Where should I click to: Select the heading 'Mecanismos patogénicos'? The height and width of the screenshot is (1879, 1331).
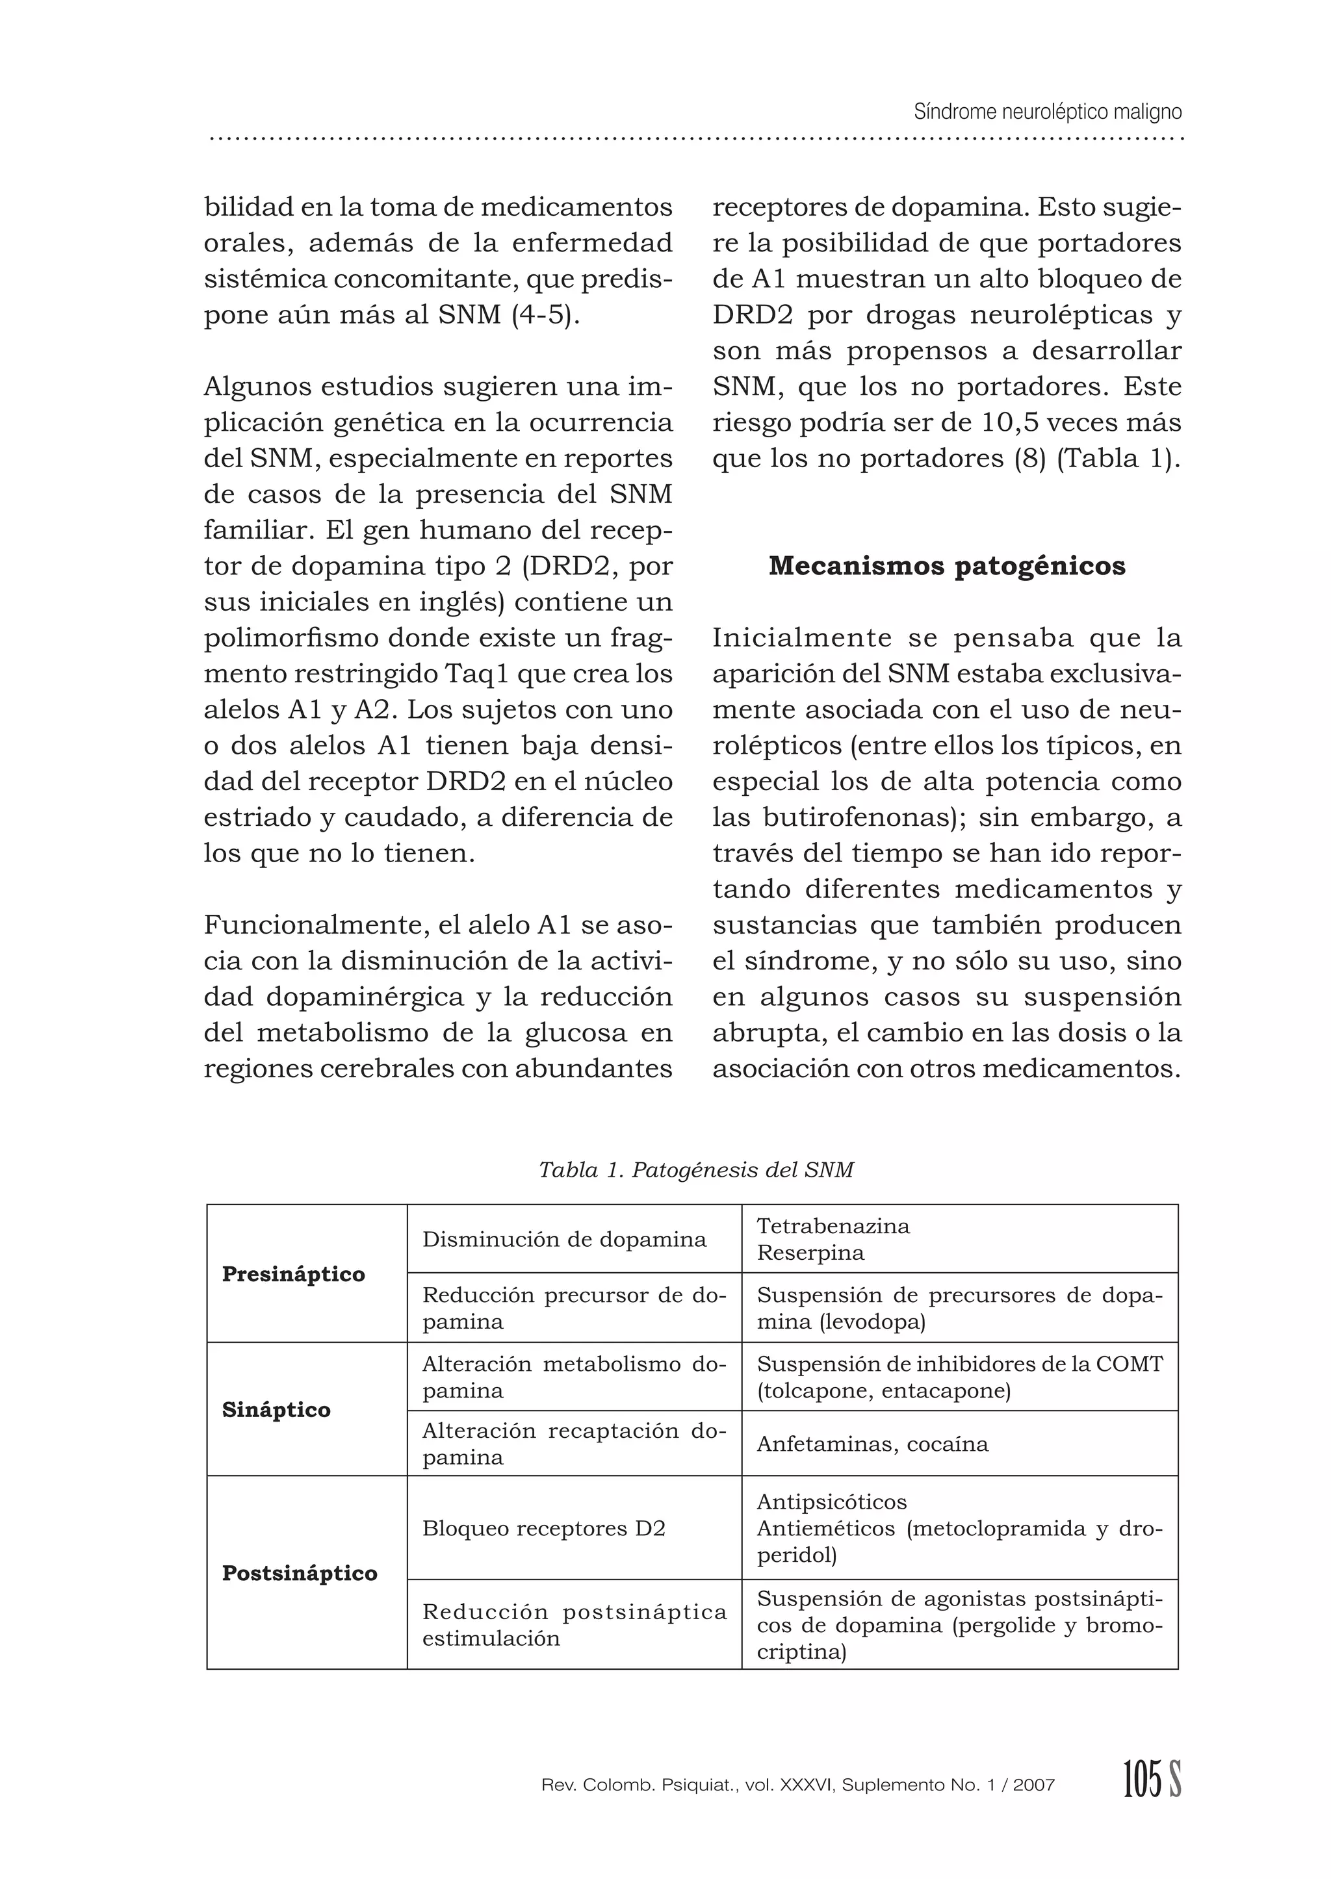pyautogui.click(x=947, y=567)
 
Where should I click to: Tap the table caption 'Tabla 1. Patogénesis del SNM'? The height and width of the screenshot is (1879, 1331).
pyautogui.click(x=696, y=1170)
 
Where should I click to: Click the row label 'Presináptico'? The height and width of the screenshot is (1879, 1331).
pyautogui.click(x=293, y=1273)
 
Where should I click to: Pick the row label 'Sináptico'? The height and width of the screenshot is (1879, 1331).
pyautogui.click(x=276, y=1409)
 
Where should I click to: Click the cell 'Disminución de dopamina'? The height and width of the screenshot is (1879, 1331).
pyautogui.click(x=564, y=1239)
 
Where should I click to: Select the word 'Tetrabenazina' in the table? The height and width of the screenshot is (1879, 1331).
pyautogui.click(x=833, y=1226)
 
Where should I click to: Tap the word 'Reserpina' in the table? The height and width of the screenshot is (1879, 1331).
pyautogui.click(x=810, y=1252)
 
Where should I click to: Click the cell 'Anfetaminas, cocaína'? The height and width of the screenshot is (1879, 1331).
pyautogui.click(x=872, y=1444)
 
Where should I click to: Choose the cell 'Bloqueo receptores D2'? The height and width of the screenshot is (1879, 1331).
pyautogui.click(x=543, y=1528)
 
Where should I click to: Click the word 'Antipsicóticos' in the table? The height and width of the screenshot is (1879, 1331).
pyautogui.click(x=832, y=1502)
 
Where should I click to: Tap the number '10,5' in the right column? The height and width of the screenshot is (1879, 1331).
pyautogui.click(x=1010, y=423)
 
